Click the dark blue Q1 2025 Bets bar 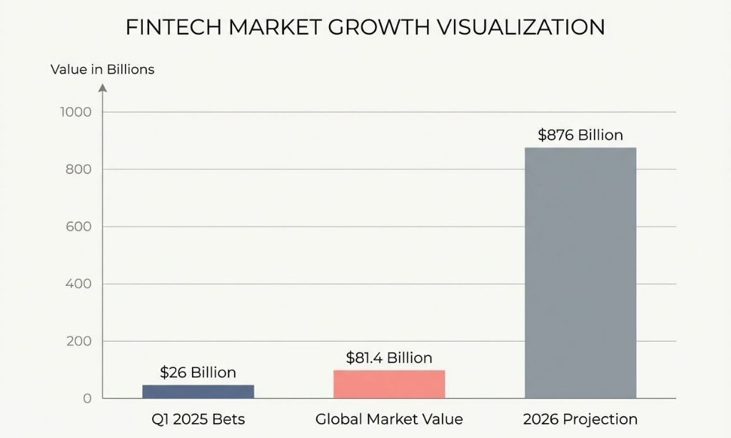[198, 391]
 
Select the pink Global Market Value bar [389, 384]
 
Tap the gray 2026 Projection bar [580, 273]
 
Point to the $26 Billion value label [198, 372]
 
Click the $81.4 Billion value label [389, 357]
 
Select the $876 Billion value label [580, 135]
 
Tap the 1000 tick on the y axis [77, 112]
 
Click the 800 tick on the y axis [80, 170]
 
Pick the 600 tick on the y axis [80, 227]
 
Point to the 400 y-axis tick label [80, 284]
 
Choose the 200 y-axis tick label [80, 341]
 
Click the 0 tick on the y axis [87, 398]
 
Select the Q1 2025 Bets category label [198, 419]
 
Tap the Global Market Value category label [389, 419]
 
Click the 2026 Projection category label [580, 419]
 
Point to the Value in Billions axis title [102, 70]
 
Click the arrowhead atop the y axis [102, 88]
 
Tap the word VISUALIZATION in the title [525, 27]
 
